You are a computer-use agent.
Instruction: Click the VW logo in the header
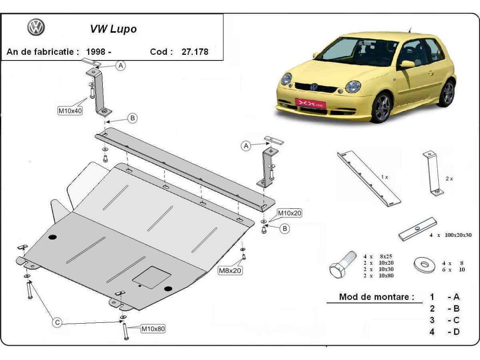point(36,28)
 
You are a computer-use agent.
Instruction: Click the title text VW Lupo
point(113,29)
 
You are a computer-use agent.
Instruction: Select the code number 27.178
point(195,52)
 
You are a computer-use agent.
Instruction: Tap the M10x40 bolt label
point(70,111)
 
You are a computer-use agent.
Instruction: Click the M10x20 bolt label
point(290,213)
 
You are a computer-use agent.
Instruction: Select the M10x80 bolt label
point(152,329)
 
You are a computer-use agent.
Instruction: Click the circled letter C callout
point(58,322)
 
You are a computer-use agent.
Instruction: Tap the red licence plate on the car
point(310,104)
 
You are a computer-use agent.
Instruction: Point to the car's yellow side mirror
point(407,64)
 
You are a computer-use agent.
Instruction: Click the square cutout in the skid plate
point(152,276)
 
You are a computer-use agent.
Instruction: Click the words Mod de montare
point(376,297)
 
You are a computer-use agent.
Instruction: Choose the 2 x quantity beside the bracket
point(449,179)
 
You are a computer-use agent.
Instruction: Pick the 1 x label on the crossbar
point(384,176)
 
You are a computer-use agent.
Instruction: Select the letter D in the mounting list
point(456,332)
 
